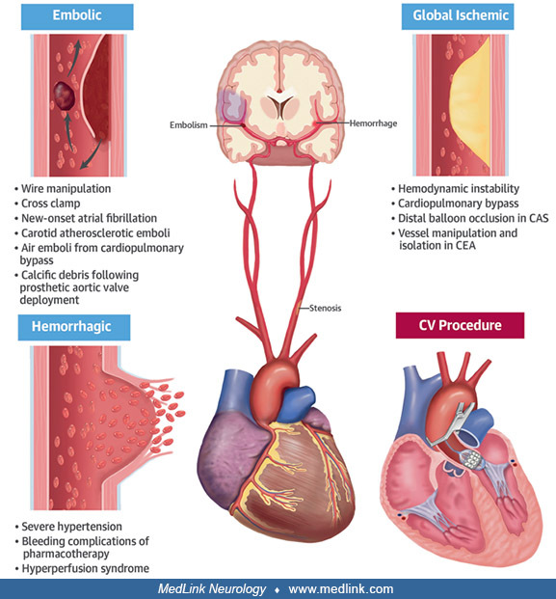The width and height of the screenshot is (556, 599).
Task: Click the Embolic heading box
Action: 77,16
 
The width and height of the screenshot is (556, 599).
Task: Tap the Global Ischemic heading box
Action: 458,16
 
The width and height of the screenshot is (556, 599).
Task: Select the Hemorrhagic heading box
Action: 74,327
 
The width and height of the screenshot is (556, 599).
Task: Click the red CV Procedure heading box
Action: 460,325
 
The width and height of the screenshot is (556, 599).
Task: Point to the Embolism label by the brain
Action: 189,125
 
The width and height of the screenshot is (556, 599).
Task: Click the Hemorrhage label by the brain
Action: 373,123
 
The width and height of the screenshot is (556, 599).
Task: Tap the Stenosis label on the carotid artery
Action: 325,308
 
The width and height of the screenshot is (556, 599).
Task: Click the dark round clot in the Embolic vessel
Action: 65,95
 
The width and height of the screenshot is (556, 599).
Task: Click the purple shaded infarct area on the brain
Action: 232,104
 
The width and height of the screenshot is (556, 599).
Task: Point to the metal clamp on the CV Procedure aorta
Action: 451,424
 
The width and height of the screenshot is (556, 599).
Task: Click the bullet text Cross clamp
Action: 51,204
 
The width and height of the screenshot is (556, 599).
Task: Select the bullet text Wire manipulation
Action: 66,189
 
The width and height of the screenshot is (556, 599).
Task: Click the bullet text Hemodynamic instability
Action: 459,189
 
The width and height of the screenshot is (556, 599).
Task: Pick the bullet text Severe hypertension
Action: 71,527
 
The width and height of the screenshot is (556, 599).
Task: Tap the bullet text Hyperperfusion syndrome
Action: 86,568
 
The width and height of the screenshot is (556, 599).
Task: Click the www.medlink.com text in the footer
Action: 341,589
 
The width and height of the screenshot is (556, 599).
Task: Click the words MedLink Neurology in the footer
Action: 212,589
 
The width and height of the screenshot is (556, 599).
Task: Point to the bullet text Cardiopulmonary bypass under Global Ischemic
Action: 459,204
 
